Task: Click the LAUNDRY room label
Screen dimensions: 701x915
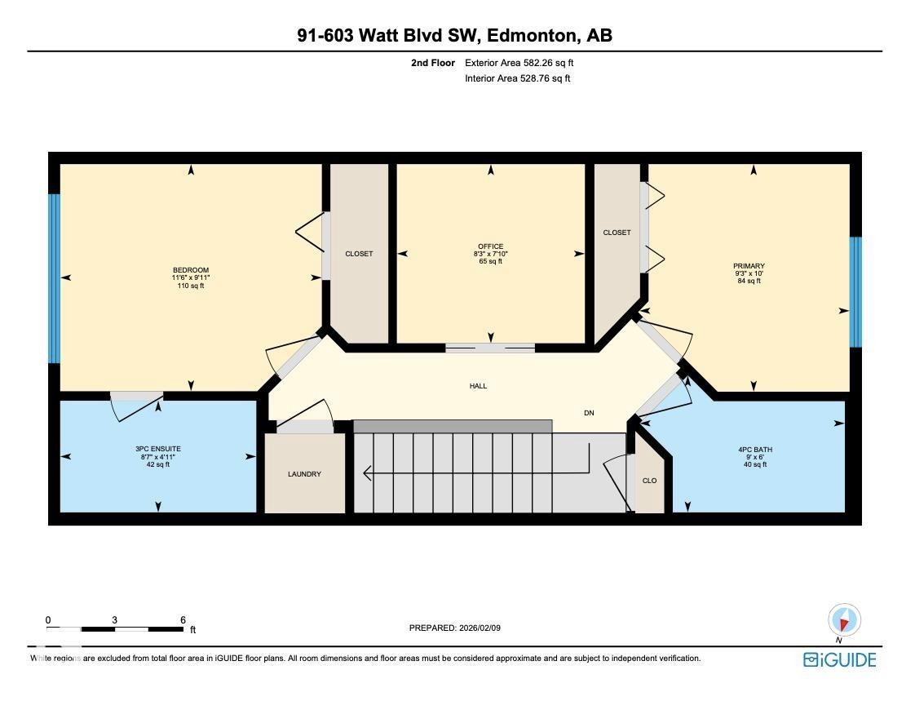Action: coord(304,474)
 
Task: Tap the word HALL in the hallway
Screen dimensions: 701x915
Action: coord(478,386)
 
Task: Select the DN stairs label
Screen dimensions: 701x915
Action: coord(589,413)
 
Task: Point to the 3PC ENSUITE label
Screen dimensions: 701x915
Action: coord(158,449)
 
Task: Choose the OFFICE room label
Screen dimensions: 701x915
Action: coord(491,246)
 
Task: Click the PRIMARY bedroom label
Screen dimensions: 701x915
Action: coord(749,266)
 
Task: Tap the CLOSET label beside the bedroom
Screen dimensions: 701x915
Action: coord(359,254)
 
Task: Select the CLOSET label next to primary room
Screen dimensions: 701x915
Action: coord(617,233)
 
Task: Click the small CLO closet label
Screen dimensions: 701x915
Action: coord(649,481)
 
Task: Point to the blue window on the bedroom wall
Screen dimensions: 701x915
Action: coord(54,278)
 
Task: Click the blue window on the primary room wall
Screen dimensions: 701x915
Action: coord(855,291)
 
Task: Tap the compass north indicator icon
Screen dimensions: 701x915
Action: coord(844,620)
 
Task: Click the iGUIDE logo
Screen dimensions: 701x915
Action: coord(839,659)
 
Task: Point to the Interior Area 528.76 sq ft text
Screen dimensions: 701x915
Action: coord(517,79)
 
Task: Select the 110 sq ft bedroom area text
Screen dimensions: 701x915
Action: coord(191,286)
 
